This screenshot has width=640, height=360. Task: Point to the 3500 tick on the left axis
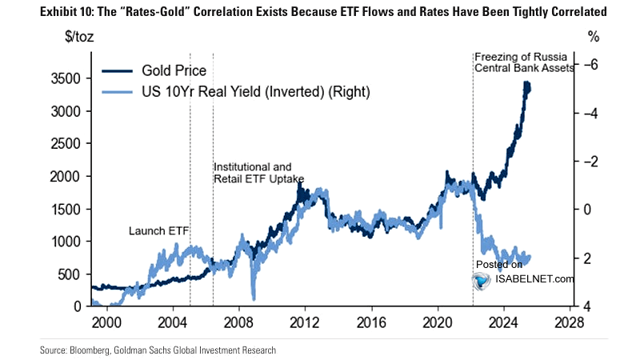click(66, 78)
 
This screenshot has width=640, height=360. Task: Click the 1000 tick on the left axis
click(66, 242)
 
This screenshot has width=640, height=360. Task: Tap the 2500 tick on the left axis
click(66, 144)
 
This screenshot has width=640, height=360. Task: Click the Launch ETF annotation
click(158, 231)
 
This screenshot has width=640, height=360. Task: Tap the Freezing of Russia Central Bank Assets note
click(524, 62)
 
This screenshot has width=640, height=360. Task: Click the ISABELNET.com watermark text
click(534, 279)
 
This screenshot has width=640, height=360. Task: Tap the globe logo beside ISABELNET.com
click(481, 280)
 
